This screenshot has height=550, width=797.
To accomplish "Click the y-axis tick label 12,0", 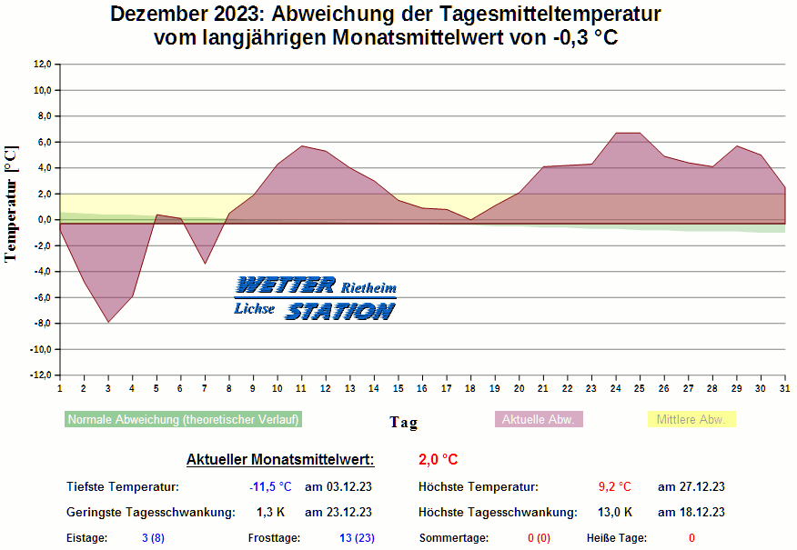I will [43, 65].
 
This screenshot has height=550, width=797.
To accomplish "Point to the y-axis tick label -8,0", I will [41, 324].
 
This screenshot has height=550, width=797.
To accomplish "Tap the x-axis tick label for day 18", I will [470, 387].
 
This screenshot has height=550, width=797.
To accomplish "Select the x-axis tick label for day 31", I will [784, 387].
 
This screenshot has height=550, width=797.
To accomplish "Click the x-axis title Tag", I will [403, 422].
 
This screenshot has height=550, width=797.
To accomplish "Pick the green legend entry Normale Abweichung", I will [183, 420].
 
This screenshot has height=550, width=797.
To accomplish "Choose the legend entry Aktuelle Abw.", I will [539, 420].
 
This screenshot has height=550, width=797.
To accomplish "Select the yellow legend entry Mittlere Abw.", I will [691, 420].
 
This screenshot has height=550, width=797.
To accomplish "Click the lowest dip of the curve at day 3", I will [108, 322].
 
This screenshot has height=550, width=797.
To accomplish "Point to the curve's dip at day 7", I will [205, 264].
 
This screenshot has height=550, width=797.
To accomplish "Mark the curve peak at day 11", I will [301, 146].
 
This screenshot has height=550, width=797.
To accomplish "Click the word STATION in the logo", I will [339, 312].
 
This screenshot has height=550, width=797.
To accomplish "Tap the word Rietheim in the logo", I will [368, 288].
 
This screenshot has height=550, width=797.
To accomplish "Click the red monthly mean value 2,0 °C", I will [439, 460].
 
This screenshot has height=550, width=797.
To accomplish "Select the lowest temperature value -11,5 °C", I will [270, 487].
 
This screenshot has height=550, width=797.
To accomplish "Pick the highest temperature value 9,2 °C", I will [614, 487].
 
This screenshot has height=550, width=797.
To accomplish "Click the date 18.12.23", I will [691, 513].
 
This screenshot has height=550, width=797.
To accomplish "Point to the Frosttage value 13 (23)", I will [357, 538].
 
